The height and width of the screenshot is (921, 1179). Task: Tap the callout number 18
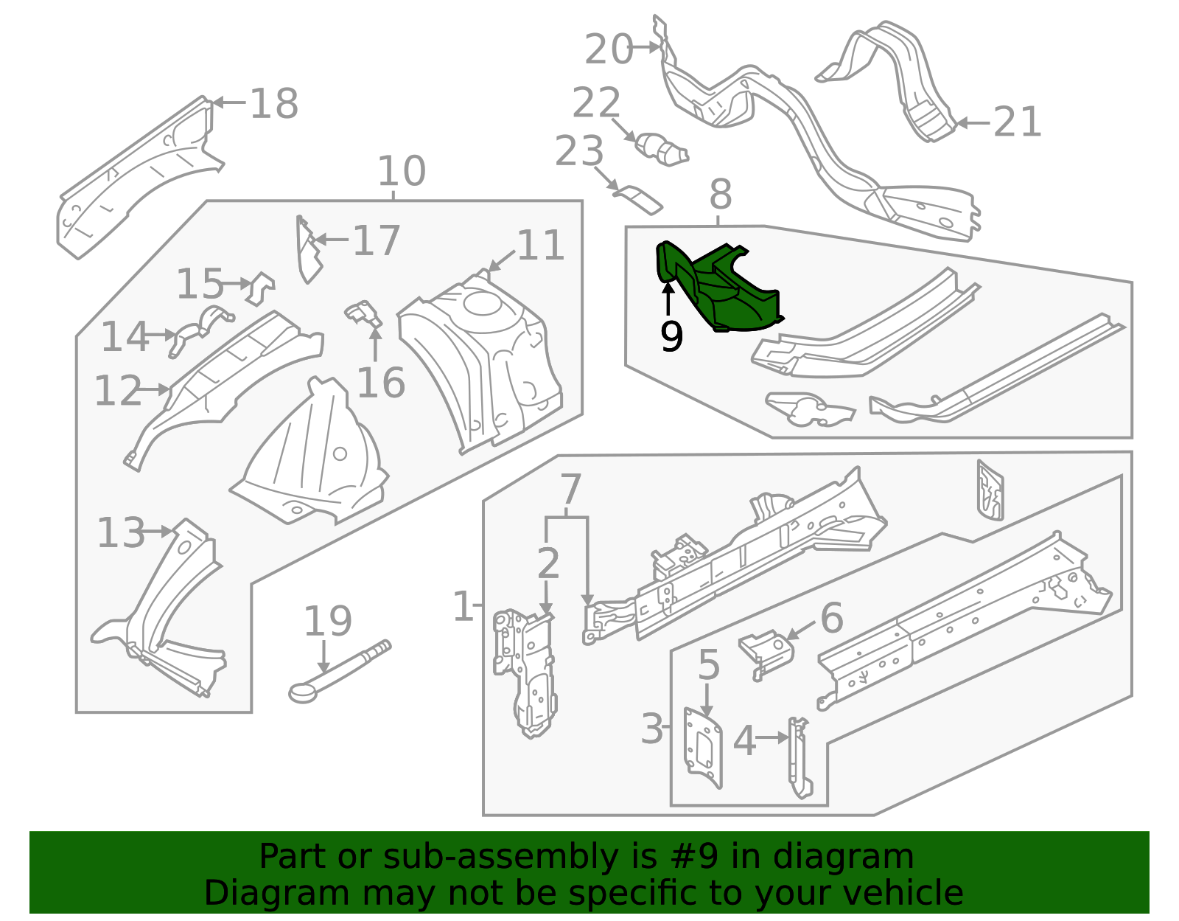tap(274, 103)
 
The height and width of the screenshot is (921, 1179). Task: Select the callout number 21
tap(1018, 122)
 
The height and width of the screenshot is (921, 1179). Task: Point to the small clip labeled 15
tap(260, 288)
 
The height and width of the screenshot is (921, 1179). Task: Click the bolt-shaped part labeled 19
tap(338, 672)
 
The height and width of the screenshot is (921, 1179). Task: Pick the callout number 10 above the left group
tap(402, 170)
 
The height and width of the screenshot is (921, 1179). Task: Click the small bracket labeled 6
tap(766, 653)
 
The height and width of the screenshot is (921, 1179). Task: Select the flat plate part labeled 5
tap(703, 748)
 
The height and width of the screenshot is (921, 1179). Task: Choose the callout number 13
tap(121, 532)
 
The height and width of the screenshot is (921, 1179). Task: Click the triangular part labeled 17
tap(309, 250)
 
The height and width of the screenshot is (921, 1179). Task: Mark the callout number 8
tap(721, 194)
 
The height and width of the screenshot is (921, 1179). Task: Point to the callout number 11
tap(540, 245)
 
